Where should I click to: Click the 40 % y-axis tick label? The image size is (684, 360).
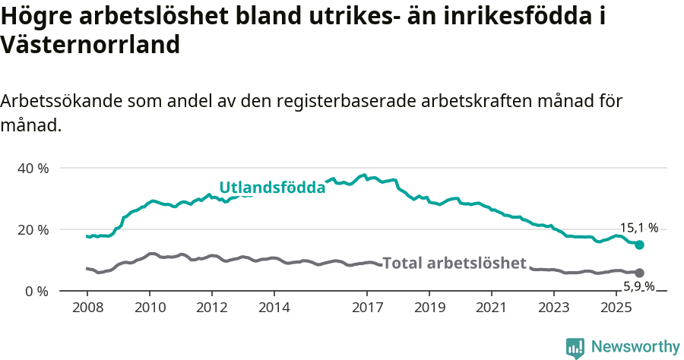pyautogui.click(x=32, y=168)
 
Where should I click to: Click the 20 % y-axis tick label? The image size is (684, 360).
pyautogui.click(x=32, y=229)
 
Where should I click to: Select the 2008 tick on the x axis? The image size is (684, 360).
pyautogui.click(x=87, y=308)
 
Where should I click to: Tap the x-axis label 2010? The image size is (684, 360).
pyautogui.click(x=150, y=308)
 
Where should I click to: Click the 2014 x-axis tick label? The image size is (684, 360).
pyautogui.click(x=274, y=308)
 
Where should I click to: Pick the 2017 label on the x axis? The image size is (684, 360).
pyautogui.click(x=367, y=308)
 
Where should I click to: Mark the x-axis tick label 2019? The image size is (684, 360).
pyautogui.click(x=429, y=308)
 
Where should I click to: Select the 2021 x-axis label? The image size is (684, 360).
pyautogui.click(x=492, y=308)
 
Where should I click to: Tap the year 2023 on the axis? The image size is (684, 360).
pyautogui.click(x=554, y=308)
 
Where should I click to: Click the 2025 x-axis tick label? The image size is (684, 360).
pyautogui.click(x=616, y=308)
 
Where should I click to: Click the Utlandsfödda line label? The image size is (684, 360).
pyautogui.click(x=272, y=188)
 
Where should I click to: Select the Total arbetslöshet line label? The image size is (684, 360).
pyautogui.click(x=454, y=264)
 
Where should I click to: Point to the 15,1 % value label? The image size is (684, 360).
pyautogui.click(x=639, y=227)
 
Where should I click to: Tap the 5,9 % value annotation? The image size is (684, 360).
pyautogui.click(x=639, y=286)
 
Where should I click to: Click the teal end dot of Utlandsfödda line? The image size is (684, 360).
pyautogui.click(x=640, y=245)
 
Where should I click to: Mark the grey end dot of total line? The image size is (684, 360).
pyautogui.click(x=640, y=273)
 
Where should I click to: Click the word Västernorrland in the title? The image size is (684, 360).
pyautogui.click(x=90, y=45)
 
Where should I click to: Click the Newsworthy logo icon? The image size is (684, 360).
pyautogui.click(x=575, y=348)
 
